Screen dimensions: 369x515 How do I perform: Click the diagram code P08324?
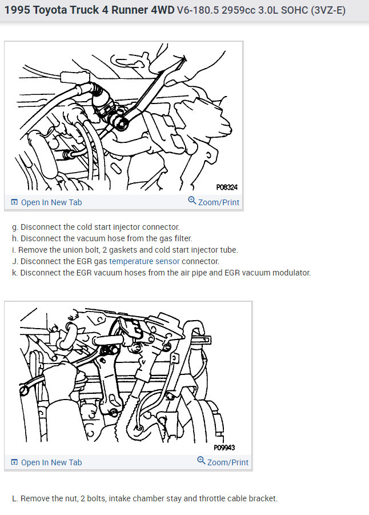227,187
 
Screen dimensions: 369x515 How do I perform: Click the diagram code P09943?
224,448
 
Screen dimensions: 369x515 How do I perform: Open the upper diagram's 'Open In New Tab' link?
46,202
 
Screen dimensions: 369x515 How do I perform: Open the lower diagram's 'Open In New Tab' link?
46,462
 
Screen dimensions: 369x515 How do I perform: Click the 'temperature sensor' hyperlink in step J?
145,261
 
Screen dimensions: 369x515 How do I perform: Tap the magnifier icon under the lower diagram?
201,461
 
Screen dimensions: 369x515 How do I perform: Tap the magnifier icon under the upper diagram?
192,201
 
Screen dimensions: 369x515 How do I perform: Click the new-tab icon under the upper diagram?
14,202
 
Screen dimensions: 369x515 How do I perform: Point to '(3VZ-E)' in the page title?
328,10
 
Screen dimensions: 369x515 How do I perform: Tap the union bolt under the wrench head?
123,124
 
